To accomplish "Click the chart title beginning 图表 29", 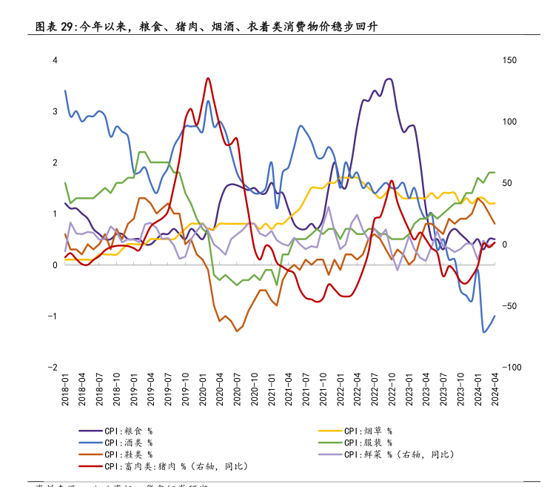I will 212,27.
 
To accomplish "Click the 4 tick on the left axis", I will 55,60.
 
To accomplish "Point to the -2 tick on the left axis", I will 53,368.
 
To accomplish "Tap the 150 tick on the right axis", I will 509,60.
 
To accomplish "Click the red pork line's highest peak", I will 208,78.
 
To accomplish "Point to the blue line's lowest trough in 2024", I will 484,332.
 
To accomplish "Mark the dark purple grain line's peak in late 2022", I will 390,79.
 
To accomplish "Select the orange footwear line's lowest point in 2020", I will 236,331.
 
